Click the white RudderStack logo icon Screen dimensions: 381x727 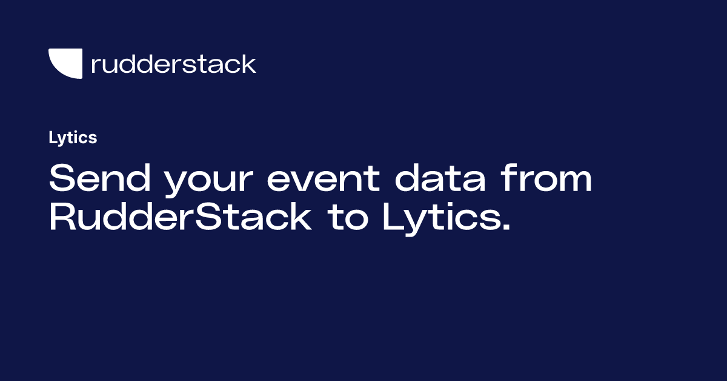point(65,64)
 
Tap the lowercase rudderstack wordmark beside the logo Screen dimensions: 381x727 point(173,64)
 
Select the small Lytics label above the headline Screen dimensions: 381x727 point(73,138)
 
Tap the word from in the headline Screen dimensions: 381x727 point(549,180)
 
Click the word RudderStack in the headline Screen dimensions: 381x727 point(180,218)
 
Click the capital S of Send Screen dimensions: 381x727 point(61,180)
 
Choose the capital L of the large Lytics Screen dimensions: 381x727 point(392,218)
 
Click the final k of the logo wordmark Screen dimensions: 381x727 point(248,64)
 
